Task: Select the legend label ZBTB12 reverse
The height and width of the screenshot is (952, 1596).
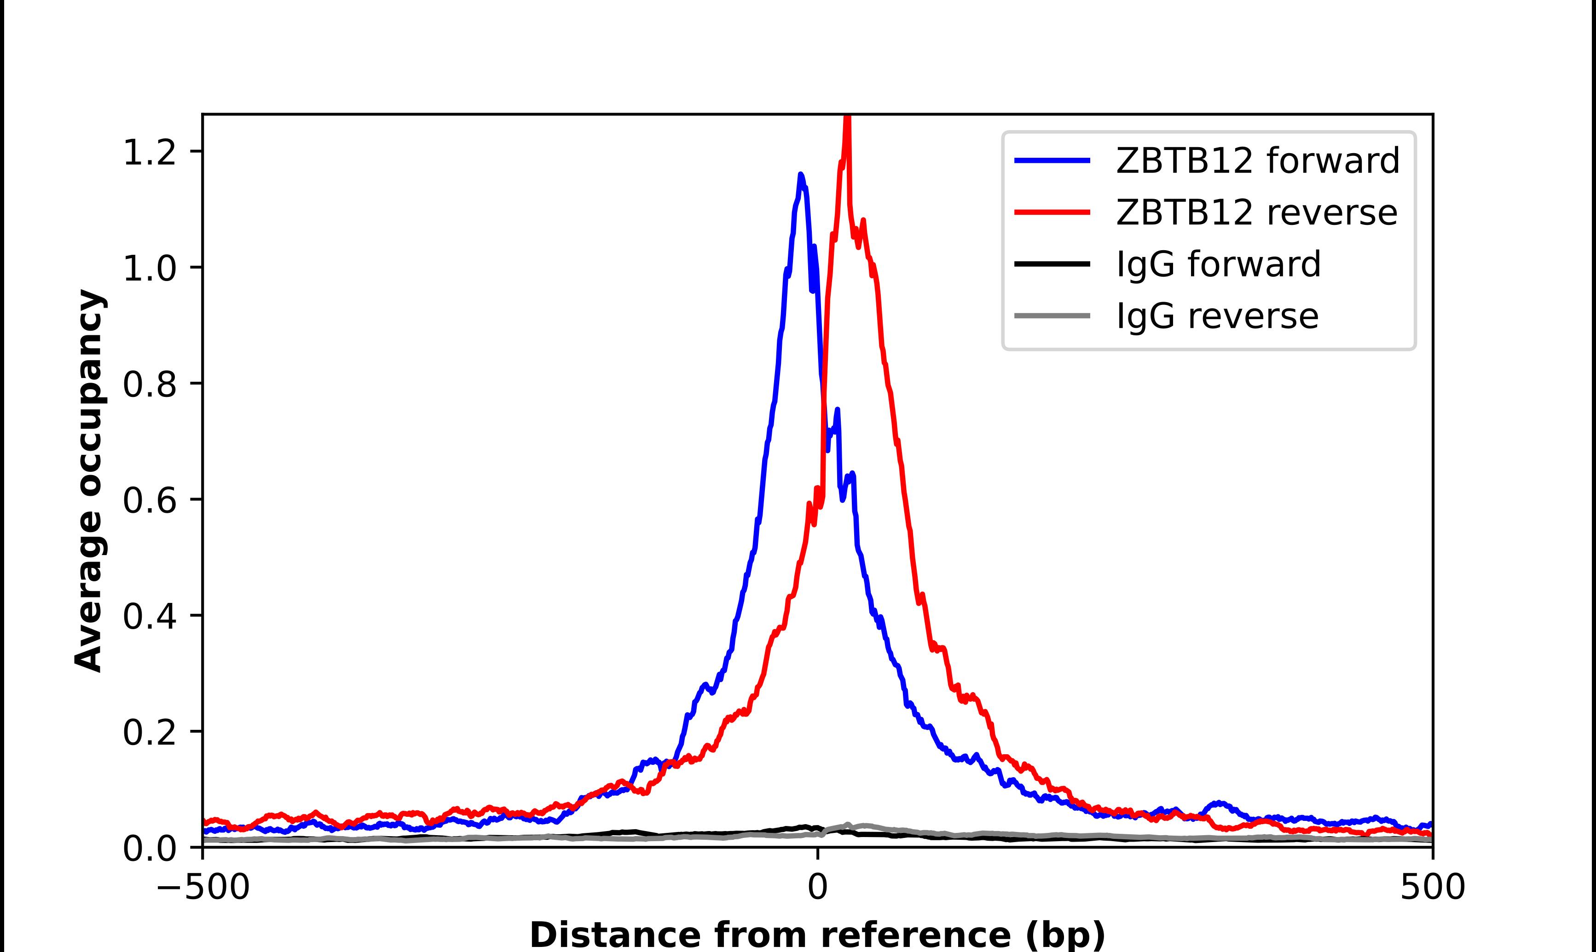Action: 1256,212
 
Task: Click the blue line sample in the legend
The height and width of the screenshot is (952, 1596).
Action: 1052,161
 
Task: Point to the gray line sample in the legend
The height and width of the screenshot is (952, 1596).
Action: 1052,315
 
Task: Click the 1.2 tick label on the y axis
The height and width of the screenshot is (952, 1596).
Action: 149,153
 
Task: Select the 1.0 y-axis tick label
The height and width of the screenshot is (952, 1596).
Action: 149,268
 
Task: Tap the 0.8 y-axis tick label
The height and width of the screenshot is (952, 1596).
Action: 149,384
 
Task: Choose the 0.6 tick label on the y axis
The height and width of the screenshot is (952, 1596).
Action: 149,500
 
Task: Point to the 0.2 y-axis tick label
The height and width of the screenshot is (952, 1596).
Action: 149,732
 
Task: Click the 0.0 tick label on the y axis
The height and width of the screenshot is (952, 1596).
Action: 149,849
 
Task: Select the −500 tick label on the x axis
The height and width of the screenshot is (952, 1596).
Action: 203,888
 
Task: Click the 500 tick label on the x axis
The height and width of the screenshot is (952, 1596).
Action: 1432,888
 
